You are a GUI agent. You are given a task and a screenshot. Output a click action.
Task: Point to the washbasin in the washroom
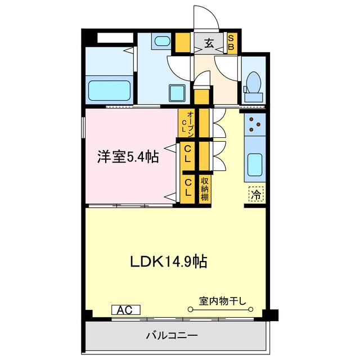click(163, 42)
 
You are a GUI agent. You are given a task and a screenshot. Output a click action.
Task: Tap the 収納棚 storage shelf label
click(205, 188)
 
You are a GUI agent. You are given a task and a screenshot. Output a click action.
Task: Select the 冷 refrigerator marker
click(255, 195)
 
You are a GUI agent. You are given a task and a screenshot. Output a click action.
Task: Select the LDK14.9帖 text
click(168, 261)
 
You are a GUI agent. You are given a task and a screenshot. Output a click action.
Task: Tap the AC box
click(125, 309)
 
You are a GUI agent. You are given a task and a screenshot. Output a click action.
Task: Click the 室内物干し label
click(222, 300)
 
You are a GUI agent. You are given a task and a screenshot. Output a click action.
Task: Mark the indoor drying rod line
click(222, 309)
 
